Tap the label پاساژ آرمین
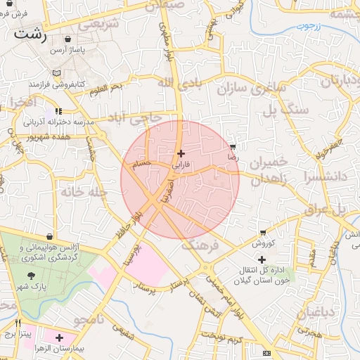[x=67, y=51]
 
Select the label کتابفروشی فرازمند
[x=57, y=84]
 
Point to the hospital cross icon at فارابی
[x=181, y=153]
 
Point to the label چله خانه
[x=82, y=191]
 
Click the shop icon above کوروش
[x=263, y=232]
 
